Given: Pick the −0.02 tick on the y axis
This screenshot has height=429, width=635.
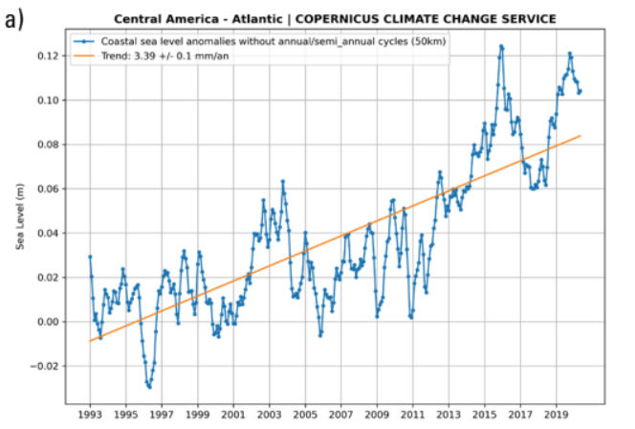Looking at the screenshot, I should [x=44, y=366].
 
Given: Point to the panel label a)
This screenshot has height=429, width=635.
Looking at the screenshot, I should [x=13, y=18].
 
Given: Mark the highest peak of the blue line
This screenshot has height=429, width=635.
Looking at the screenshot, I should [x=501, y=45].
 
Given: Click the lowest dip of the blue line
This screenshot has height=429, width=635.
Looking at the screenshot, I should [x=149, y=387].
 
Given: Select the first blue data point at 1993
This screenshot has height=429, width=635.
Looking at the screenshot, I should [x=90, y=257].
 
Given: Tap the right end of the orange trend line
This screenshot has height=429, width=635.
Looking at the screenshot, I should [x=580, y=136].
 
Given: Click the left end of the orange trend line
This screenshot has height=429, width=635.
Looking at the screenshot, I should [x=90, y=341].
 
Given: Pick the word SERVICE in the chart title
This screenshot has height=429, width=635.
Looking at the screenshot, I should [x=528, y=18].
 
